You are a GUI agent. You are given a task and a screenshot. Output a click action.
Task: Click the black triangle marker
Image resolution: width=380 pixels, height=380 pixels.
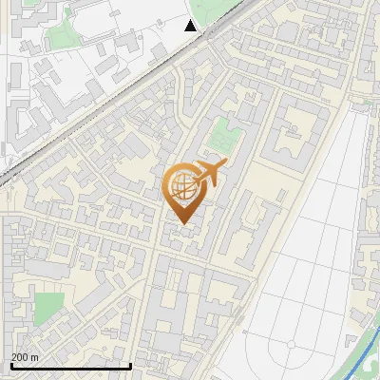191,26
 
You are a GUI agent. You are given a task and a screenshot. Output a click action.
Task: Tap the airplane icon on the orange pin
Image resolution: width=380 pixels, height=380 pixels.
210,173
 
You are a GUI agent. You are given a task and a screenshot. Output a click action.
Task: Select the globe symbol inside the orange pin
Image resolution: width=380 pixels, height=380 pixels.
180,187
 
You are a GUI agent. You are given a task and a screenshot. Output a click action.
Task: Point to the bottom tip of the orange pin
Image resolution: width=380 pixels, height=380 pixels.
182,223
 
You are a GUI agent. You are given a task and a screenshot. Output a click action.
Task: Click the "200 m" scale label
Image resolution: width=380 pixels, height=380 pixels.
25,357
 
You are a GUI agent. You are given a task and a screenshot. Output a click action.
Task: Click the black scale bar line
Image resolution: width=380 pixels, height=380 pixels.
70,366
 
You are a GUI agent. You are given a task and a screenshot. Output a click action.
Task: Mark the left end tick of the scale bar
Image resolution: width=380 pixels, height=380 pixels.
11,364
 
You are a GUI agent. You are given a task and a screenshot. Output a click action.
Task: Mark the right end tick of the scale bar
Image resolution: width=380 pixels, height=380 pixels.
130,364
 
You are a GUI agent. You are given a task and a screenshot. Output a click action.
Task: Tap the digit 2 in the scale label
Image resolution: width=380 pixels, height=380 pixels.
14,357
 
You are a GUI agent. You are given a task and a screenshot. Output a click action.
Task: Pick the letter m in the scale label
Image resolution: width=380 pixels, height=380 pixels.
34,357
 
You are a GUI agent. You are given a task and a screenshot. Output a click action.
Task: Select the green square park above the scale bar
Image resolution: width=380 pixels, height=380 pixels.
48,306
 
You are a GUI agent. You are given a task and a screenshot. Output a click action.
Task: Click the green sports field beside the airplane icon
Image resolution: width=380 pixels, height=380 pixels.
220,135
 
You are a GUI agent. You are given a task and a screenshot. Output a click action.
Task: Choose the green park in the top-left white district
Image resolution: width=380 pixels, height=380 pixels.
63,36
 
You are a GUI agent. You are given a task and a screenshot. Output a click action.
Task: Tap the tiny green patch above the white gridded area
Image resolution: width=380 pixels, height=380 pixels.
366,101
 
